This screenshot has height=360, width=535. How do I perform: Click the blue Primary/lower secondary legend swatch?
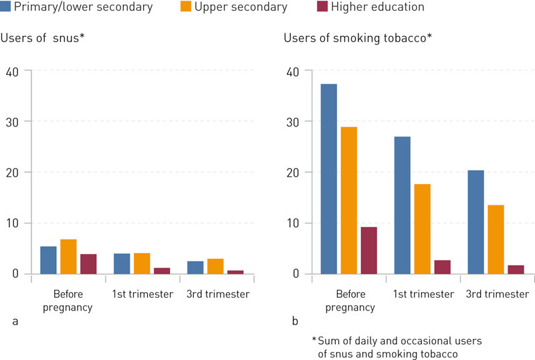click(x=5, y=7)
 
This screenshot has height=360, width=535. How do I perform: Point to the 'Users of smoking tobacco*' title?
click(x=358, y=38)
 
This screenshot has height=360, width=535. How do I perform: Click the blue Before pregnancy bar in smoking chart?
click(x=328, y=179)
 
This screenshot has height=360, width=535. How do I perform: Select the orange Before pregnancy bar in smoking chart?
click(x=348, y=200)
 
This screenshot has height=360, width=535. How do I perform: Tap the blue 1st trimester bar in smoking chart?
click(x=402, y=205)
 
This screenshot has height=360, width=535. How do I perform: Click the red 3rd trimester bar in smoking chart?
click(x=516, y=269)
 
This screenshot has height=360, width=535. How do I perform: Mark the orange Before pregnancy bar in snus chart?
click(x=68, y=256)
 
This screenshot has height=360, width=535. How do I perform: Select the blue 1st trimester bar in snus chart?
click(x=122, y=264)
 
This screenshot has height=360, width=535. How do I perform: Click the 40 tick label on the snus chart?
click(x=13, y=71)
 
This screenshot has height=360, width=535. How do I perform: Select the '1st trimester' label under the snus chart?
click(x=142, y=294)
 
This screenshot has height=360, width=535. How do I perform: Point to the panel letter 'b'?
click(x=295, y=322)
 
